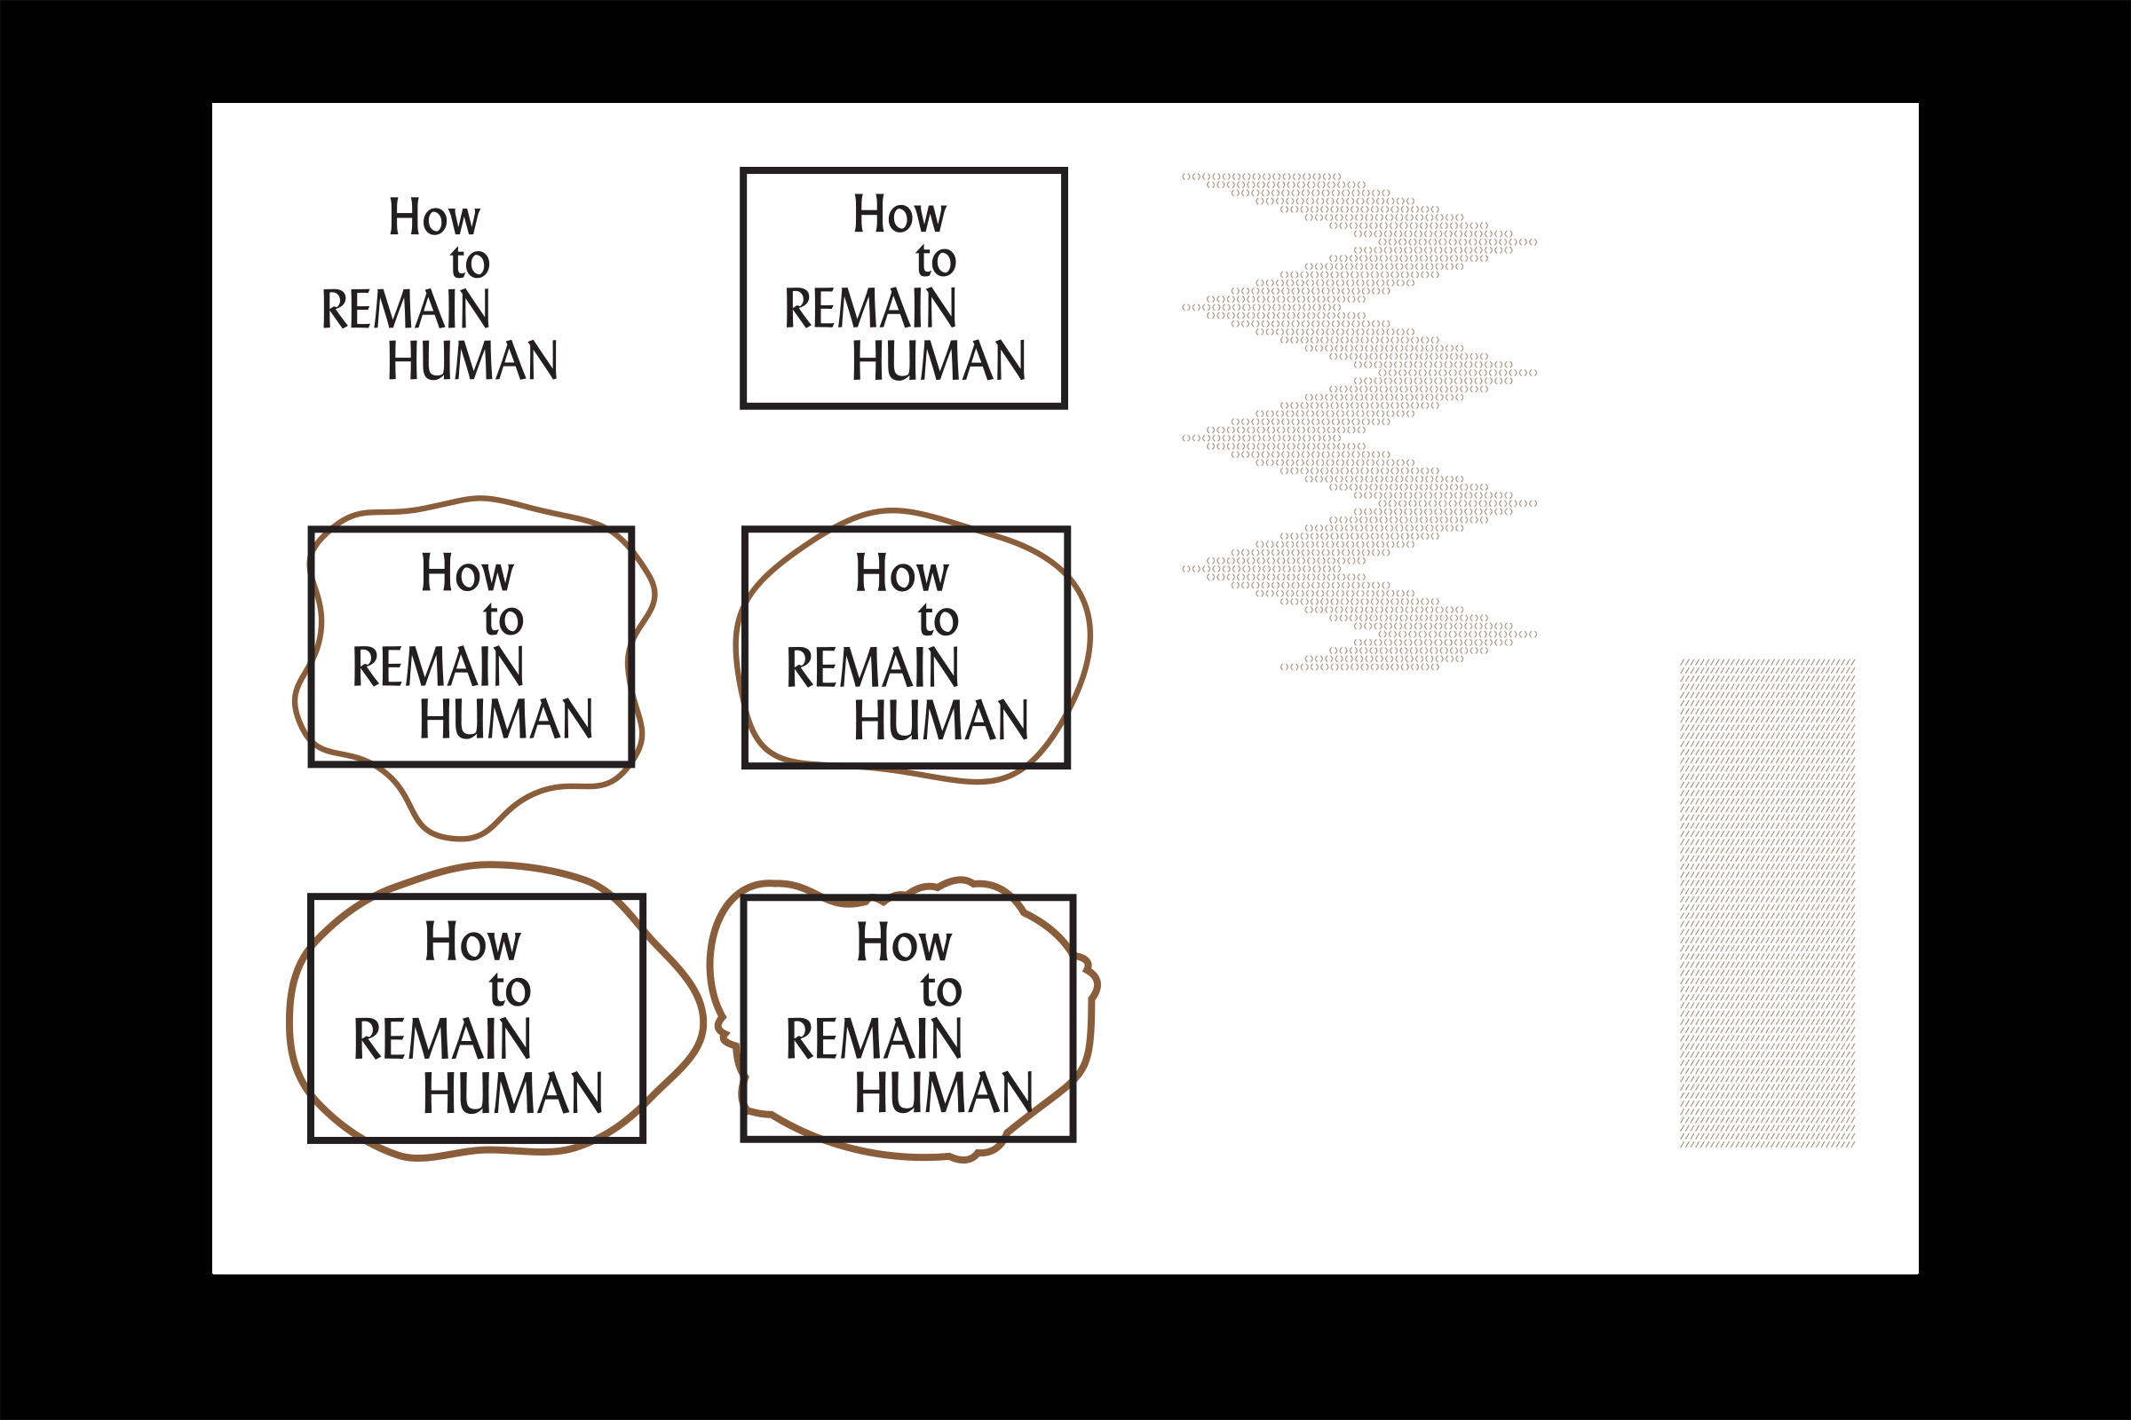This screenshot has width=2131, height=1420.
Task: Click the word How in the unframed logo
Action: pos(434,217)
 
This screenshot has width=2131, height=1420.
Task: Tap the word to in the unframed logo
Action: pos(470,263)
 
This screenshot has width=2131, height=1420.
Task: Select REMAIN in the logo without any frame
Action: pos(406,310)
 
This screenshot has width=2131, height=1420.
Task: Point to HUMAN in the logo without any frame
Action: pos(472,360)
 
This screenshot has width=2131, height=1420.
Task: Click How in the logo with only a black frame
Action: pos(899,215)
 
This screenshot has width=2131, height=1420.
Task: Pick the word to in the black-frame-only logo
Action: pos(935,261)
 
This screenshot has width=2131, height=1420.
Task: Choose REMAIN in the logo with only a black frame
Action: pos(870,309)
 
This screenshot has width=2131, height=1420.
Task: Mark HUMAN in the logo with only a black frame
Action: pos(938,360)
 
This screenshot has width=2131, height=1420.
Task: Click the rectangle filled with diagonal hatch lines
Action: pos(1767,903)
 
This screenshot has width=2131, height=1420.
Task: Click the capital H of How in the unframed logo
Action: pos(404,217)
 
